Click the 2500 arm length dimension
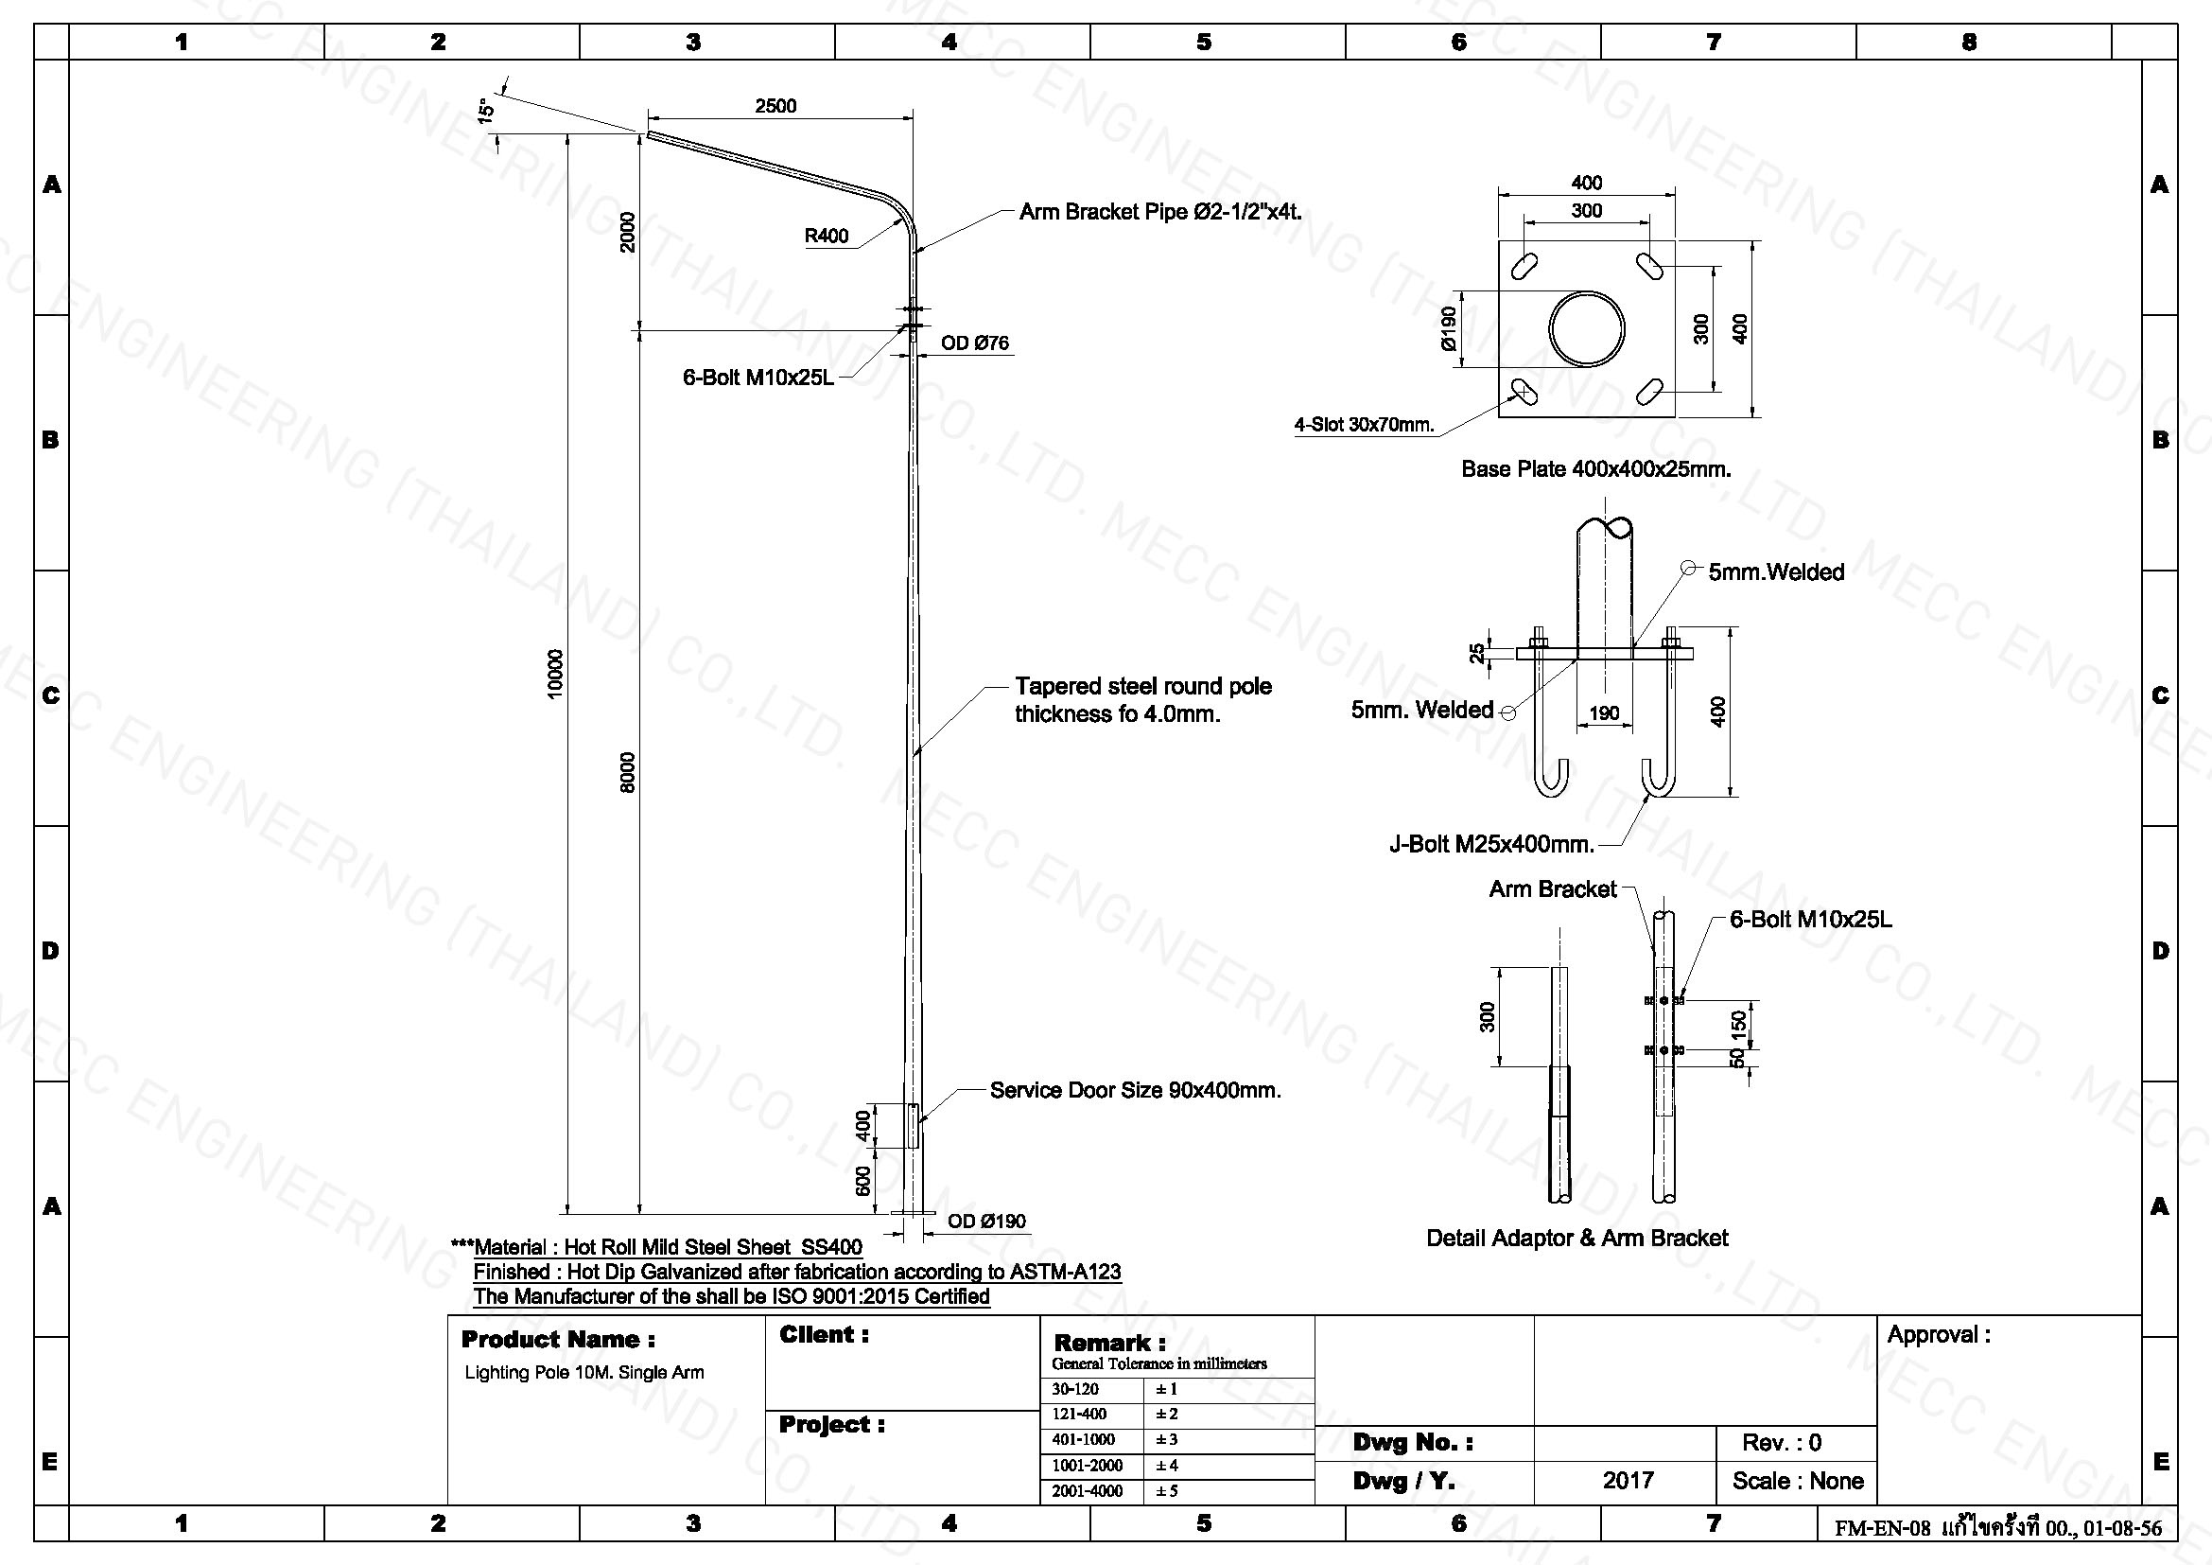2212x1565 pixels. click(775, 106)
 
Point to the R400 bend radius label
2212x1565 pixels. click(827, 237)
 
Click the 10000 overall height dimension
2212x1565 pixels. click(555, 675)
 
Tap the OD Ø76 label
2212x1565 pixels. click(975, 343)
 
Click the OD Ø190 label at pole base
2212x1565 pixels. click(986, 1222)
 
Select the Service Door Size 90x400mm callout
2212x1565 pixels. click(1135, 1090)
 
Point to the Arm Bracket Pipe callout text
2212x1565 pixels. click(1160, 212)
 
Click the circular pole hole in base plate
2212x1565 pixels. click(1587, 328)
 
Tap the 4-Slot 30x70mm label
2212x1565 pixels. click(1365, 425)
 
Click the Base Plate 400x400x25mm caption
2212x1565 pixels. click(1596, 469)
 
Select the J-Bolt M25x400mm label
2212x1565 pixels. click(1491, 844)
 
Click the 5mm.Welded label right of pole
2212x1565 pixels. click(1776, 571)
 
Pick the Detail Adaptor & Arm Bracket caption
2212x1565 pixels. click(1577, 1239)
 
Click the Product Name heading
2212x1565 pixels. click(558, 1340)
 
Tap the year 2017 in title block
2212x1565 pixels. click(1629, 1480)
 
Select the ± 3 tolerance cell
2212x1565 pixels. click(1167, 1440)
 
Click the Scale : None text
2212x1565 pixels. click(1797, 1480)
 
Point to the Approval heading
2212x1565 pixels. click(1939, 1335)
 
